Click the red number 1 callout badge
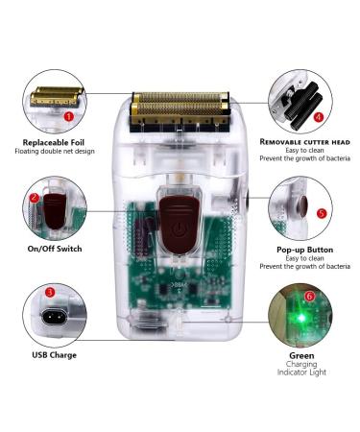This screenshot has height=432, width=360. point(69,116)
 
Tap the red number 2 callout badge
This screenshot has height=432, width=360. point(35,199)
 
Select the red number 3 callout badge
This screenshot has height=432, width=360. point(49,291)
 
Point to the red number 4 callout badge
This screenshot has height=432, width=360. point(319,117)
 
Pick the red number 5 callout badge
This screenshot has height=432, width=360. point(321,213)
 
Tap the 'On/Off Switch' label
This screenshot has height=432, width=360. point(55,250)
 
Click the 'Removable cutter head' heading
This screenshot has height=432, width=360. point(304,142)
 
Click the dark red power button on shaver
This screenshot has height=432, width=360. point(180,223)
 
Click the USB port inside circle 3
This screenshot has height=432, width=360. point(55,317)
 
